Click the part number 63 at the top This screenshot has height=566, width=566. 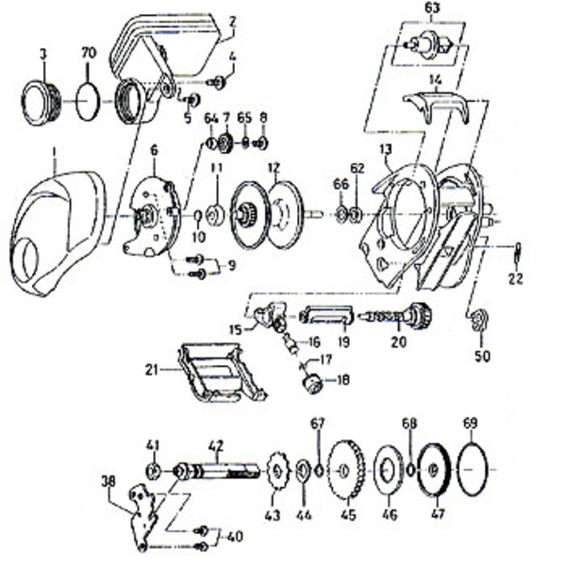pos(432,9)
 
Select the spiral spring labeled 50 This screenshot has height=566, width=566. pos(477,320)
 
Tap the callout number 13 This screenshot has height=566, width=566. pos(385,149)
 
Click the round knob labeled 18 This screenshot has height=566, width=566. pos(309,382)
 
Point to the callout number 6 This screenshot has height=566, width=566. pos(153,147)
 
